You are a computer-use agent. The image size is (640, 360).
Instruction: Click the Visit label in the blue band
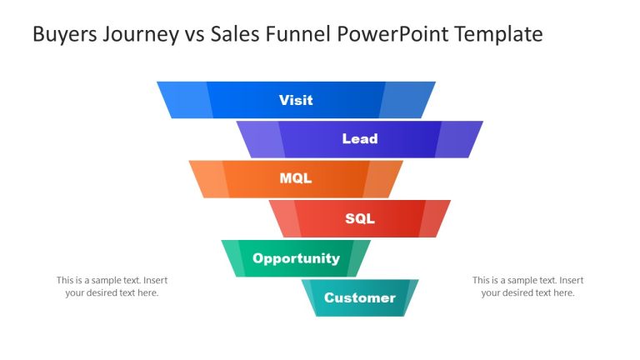[296, 100]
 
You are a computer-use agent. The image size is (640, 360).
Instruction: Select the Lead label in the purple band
[360, 139]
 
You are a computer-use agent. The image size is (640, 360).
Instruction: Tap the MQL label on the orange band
[296, 178]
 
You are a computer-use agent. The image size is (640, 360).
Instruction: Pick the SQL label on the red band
[360, 219]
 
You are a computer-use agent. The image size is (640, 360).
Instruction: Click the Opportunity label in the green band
[296, 258]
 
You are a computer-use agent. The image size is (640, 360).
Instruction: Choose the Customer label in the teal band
[360, 297]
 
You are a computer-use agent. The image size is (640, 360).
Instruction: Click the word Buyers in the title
[62, 34]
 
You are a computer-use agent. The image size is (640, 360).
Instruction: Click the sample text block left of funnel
[112, 287]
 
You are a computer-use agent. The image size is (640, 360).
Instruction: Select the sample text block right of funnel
[527, 287]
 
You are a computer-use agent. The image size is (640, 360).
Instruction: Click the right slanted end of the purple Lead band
[457, 139]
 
